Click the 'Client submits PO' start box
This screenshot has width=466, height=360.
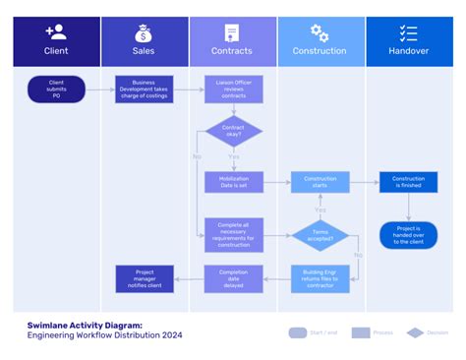(56, 90)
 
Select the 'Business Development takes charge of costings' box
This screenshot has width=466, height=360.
(144, 90)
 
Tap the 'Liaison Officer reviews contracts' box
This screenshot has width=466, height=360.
(233, 90)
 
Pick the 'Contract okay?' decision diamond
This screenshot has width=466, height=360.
(233, 133)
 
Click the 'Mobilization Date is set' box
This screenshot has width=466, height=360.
(233, 182)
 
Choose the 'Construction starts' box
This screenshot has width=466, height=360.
(320, 182)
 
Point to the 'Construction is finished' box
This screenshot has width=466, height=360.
(408, 182)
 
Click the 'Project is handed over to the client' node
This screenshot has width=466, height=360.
(408, 234)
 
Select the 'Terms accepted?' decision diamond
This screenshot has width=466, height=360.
(320, 235)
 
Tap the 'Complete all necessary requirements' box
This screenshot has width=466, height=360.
(233, 234)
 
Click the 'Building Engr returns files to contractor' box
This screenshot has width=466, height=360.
(320, 278)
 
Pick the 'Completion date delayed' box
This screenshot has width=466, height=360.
(233, 278)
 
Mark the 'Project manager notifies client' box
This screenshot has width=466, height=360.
(144, 278)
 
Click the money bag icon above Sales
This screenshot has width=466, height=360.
(144, 32)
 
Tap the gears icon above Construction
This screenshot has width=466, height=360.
(320, 32)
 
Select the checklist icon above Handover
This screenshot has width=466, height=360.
(408, 32)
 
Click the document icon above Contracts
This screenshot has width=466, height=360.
(232, 32)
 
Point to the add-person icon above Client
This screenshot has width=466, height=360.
(56, 32)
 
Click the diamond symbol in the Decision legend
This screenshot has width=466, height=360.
(415, 332)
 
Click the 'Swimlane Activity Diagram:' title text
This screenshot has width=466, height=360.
(85, 324)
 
